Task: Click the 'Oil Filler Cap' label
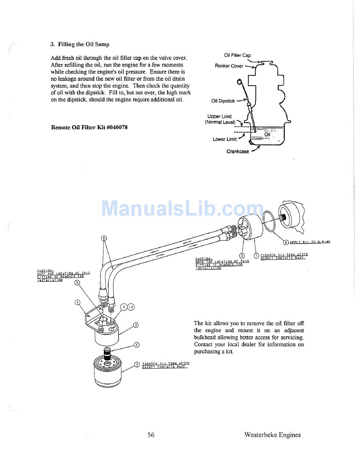(x=237, y=55)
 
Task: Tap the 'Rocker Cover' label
(x=229, y=66)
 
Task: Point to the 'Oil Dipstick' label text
(x=223, y=101)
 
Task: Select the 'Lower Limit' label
(x=224, y=139)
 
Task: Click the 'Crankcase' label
(x=238, y=152)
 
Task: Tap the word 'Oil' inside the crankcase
(x=267, y=134)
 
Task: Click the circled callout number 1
(x=137, y=364)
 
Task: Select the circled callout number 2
(x=136, y=345)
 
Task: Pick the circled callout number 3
(x=136, y=325)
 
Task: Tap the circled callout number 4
(x=77, y=302)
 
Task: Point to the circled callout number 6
(x=103, y=238)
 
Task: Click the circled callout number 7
(x=256, y=256)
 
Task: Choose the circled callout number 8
(x=286, y=242)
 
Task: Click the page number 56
(x=151, y=435)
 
